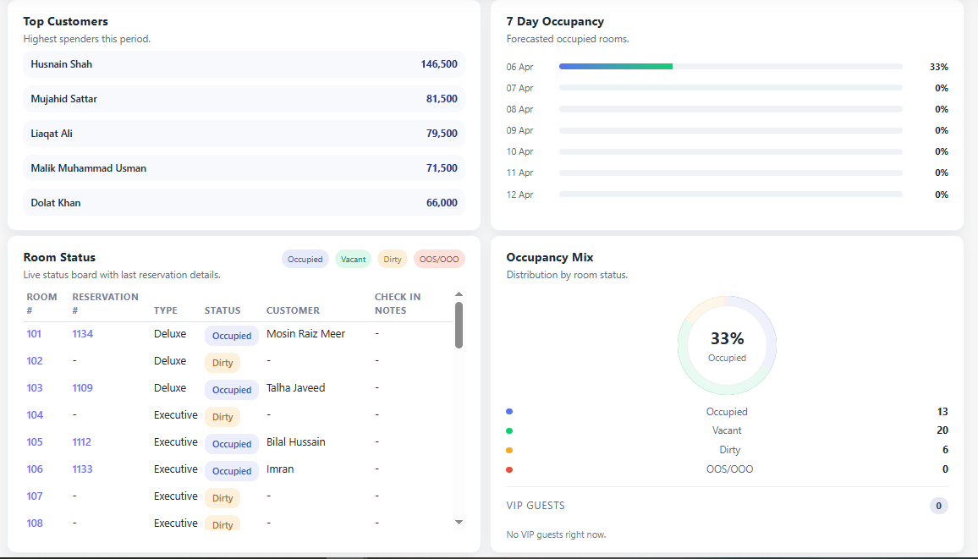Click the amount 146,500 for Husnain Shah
[438, 64]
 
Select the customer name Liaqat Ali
[52, 134]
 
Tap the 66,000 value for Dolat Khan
[442, 203]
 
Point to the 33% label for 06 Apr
[938, 67]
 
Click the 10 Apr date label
[519, 151]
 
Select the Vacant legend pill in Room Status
[354, 260]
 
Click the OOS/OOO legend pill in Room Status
[439, 260]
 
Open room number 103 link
[35, 388]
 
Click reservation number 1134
[83, 334]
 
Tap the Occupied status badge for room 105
[232, 444]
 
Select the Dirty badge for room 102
[223, 363]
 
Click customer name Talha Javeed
[295, 388]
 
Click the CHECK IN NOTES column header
[397, 304]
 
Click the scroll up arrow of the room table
[459, 294]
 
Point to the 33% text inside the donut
[727, 338]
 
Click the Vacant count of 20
[942, 430]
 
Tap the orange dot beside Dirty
[509, 450]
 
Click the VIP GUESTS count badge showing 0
[938, 506]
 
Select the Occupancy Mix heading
[549, 257]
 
